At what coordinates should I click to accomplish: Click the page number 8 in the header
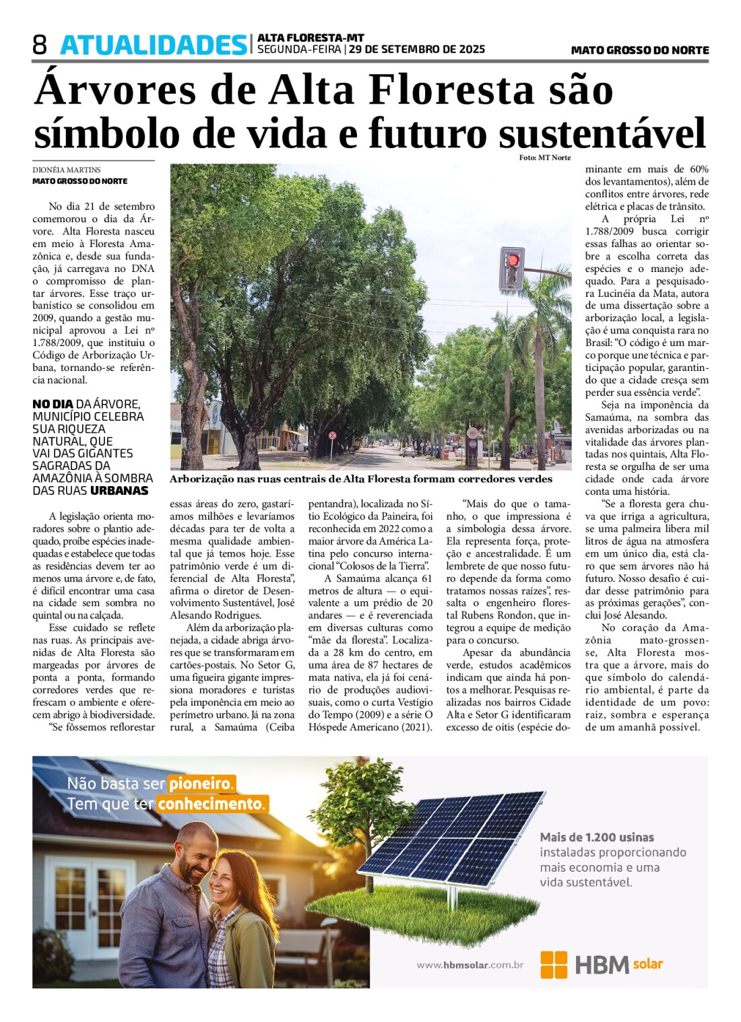40,45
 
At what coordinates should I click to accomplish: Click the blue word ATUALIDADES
154,45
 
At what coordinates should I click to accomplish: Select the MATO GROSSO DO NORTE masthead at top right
639,50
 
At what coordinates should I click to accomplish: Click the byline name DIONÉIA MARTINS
67,170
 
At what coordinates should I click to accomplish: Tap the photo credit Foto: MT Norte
544,158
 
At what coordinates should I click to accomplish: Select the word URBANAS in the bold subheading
119,490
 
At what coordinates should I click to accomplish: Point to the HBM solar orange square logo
554,964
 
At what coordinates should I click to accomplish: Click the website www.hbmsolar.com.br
470,965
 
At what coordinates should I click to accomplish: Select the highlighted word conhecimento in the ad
212,804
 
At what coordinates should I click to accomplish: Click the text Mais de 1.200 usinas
596,837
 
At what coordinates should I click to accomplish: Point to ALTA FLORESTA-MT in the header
311,38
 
